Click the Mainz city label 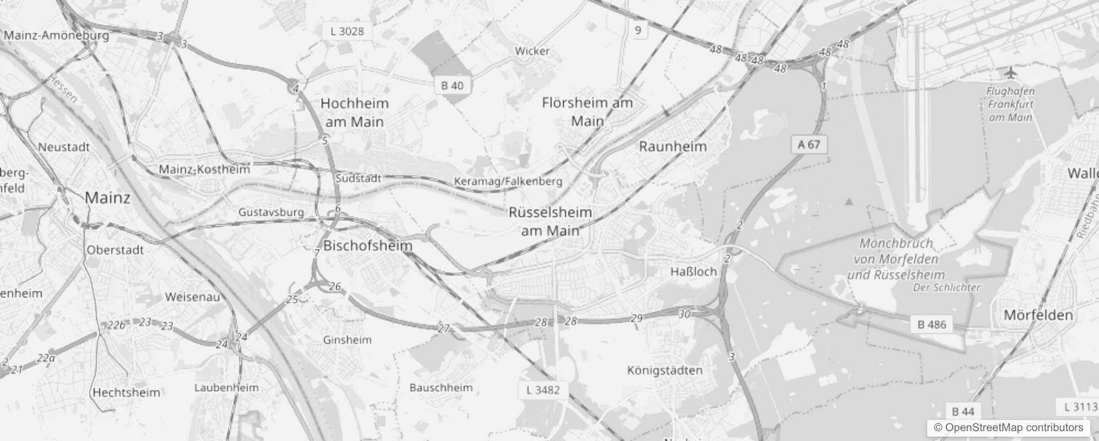click(x=108, y=198)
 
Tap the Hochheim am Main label click(x=355, y=112)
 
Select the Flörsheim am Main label click(x=587, y=111)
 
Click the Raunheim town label click(x=672, y=147)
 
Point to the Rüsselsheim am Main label click(x=551, y=221)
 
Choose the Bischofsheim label click(x=368, y=246)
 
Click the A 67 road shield click(x=809, y=144)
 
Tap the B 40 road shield click(x=452, y=85)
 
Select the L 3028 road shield click(x=347, y=31)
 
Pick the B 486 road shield click(x=932, y=325)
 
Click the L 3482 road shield click(x=543, y=390)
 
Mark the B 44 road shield click(x=963, y=411)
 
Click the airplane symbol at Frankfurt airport click(x=1010, y=72)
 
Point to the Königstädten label click(x=665, y=370)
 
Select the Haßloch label click(x=694, y=272)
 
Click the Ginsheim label click(x=347, y=340)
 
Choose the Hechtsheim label click(x=126, y=393)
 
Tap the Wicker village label click(x=532, y=51)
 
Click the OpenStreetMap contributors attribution click(x=1008, y=428)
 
